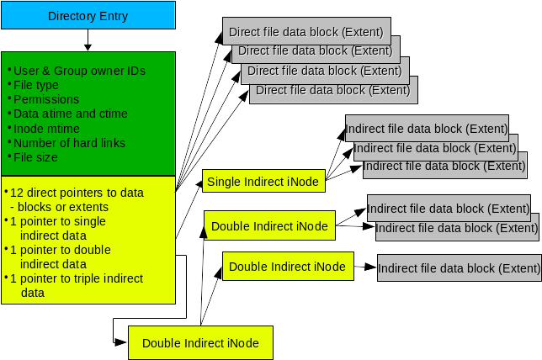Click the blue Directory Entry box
tap(88, 16)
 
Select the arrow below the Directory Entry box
tap(88, 41)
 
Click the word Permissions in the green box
tap(46, 99)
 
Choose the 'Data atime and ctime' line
tap(71, 114)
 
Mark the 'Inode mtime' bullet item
tap(46, 128)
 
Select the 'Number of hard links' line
tap(69, 142)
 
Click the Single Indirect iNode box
tap(263, 181)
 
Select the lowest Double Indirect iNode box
tap(200, 342)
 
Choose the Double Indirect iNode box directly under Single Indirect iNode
tap(269, 225)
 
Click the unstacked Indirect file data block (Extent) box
tap(459, 268)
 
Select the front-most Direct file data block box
tap(332, 89)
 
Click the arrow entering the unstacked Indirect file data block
tap(364, 267)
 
